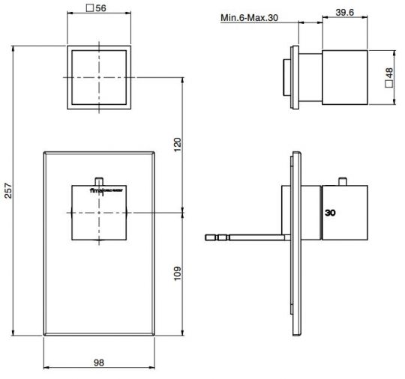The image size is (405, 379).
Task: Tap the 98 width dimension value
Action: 99,363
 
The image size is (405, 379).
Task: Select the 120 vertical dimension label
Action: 178,144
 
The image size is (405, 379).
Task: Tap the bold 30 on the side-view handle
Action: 331,213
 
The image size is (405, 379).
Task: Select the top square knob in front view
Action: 99,77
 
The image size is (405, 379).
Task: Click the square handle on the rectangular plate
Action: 99,214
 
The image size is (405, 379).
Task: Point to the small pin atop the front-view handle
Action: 99,180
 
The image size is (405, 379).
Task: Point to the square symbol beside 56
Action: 90,9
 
